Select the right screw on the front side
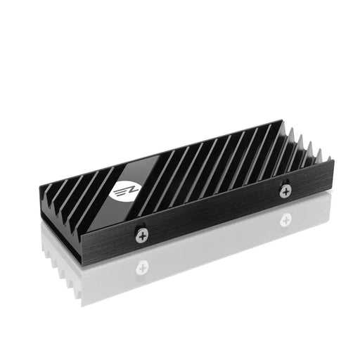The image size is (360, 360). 285,190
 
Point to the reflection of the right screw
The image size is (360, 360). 285,219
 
